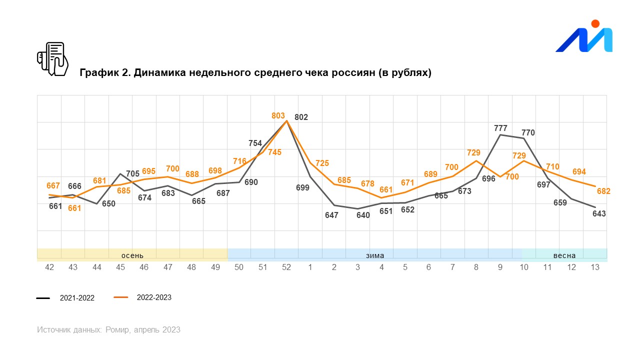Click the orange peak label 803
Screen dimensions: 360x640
pos(278,115)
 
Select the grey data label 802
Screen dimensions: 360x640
pos(301,117)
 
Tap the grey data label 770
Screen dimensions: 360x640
pos(528,132)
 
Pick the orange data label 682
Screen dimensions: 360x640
pos(603,191)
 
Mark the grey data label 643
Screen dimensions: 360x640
pos(598,213)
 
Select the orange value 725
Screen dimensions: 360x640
pos(322,163)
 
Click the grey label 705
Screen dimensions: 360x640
pos(132,174)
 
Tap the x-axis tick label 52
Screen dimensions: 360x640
pos(286,267)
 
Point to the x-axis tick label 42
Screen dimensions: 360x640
pos(49,267)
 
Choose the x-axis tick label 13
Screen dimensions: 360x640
pos(595,267)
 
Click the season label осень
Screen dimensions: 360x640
pos(132,255)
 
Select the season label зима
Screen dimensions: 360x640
pos(374,255)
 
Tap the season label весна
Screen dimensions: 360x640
pos(564,255)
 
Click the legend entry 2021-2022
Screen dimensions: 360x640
pos(77,298)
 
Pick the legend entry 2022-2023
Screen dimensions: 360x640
pos(153,297)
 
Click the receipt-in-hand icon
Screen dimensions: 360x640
pos(52,59)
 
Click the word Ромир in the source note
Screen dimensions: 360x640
pos(118,330)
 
